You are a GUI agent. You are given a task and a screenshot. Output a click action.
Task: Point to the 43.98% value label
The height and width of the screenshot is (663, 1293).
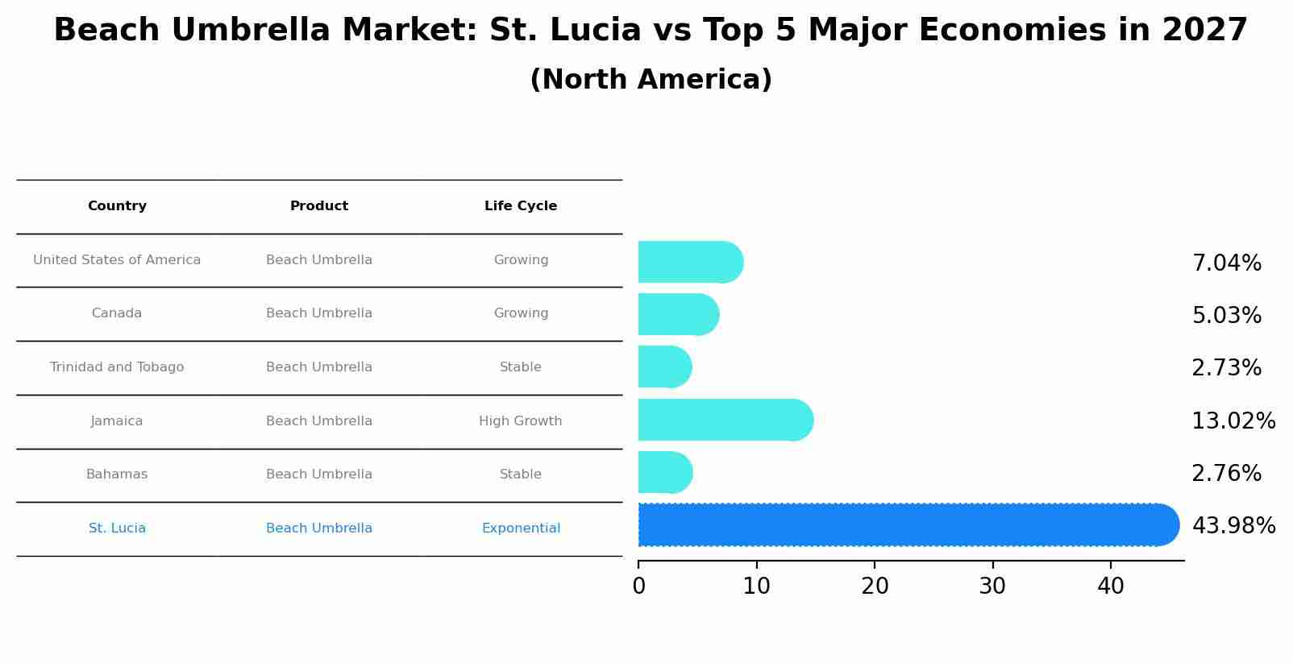pyautogui.click(x=1233, y=526)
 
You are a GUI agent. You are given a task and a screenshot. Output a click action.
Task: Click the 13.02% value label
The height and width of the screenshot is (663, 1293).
pyautogui.click(x=1233, y=421)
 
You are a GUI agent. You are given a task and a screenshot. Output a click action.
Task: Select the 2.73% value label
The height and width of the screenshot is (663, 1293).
pyautogui.click(x=1226, y=368)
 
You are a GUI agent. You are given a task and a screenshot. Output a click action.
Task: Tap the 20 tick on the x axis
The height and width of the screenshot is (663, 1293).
pyautogui.click(x=875, y=586)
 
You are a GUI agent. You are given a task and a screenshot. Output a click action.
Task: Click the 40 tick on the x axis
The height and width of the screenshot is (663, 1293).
pyautogui.click(x=1110, y=586)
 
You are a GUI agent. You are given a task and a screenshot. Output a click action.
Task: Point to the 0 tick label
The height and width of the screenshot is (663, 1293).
pyautogui.click(x=638, y=586)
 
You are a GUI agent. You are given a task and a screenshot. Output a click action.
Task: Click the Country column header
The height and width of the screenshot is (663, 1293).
pyautogui.click(x=117, y=206)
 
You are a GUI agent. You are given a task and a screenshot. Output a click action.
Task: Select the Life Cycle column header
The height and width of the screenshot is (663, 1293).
pyautogui.click(x=521, y=206)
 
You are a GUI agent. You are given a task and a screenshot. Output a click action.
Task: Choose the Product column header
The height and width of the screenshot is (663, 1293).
pyautogui.click(x=319, y=206)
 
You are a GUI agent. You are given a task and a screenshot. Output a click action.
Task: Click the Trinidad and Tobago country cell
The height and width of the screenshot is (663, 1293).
pyautogui.click(x=117, y=367)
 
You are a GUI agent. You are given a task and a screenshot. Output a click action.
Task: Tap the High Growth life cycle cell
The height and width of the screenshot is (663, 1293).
pyautogui.click(x=521, y=421)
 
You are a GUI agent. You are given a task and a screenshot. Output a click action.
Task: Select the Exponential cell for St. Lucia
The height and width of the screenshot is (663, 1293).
pyautogui.click(x=521, y=528)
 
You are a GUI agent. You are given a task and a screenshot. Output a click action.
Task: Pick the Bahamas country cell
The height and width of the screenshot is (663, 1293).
pyautogui.click(x=117, y=474)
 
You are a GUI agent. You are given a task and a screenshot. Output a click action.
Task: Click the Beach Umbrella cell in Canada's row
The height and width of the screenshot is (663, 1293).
pyautogui.click(x=319, y=313)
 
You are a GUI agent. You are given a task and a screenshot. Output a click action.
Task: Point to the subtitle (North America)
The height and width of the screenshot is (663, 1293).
pyautogui.click(x=651, y=80)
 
